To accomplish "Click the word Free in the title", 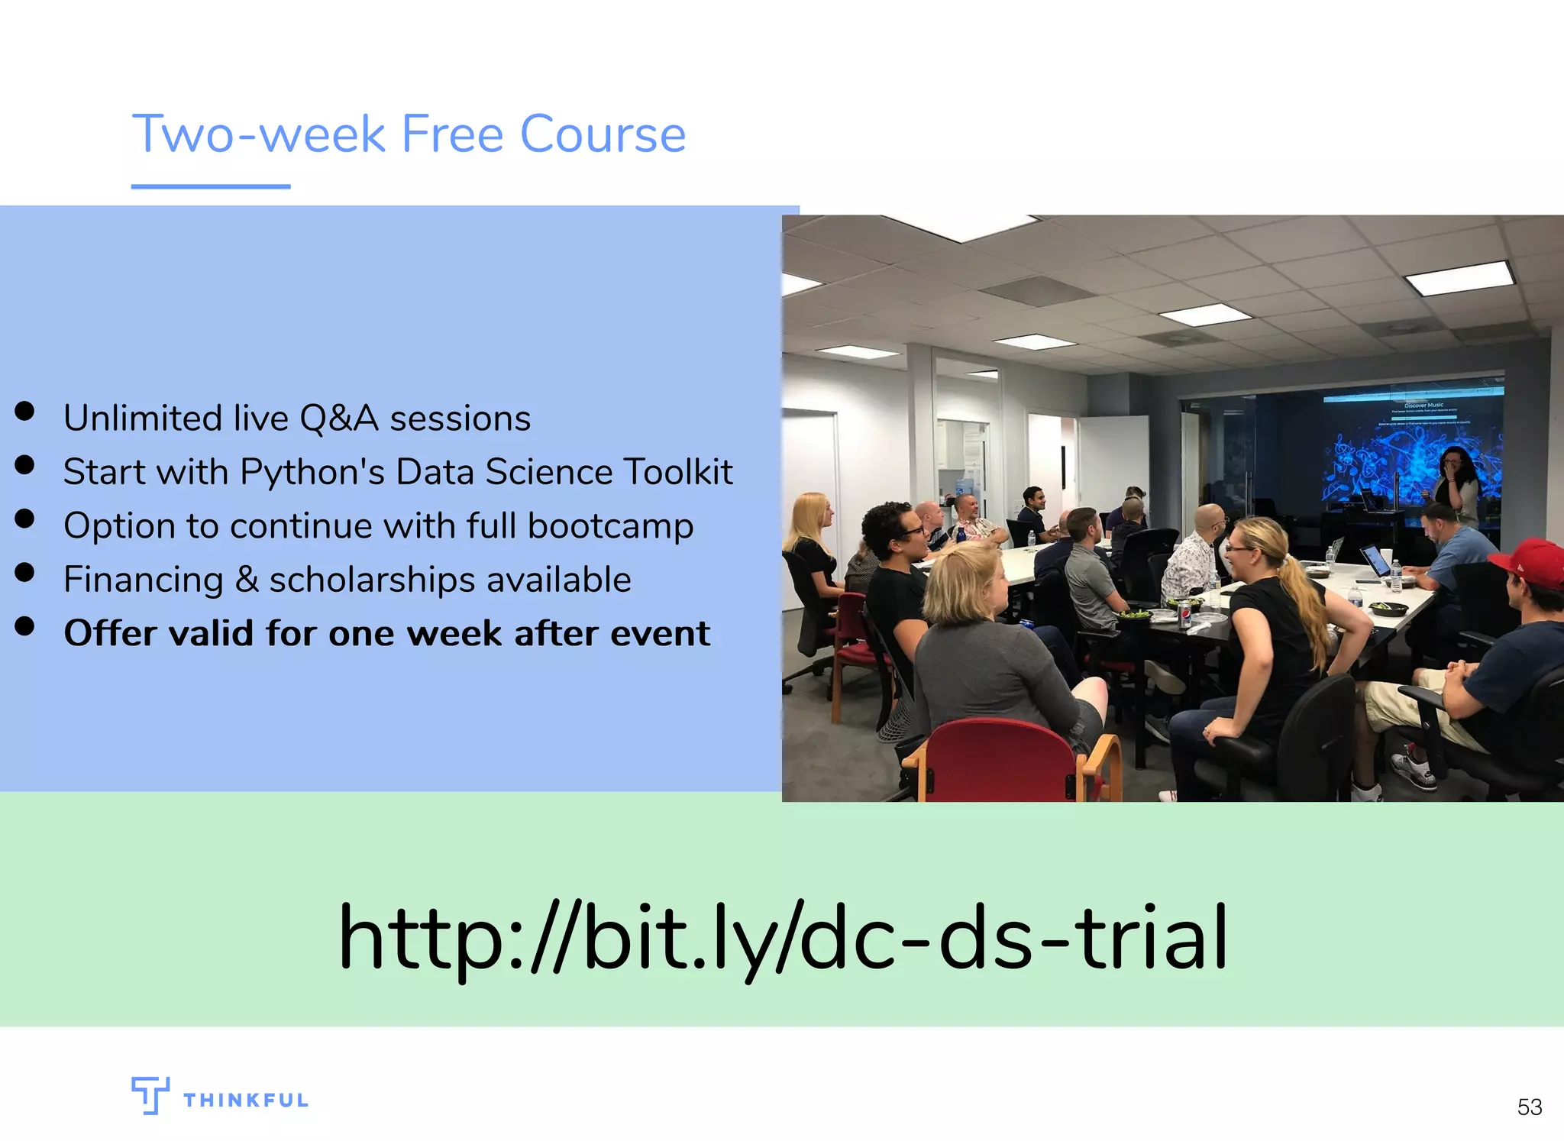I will pos(452,134).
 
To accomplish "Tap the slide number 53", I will pos(1529,1107).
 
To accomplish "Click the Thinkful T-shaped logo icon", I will pos(150,1094).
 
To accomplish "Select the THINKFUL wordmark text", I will pos(246,1101).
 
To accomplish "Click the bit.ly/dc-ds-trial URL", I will pos(782,937).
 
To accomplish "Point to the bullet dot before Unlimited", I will pos(24,412).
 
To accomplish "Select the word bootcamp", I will pos(610,526).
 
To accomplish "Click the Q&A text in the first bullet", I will pos(338,419).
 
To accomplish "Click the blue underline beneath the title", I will pos(211,186).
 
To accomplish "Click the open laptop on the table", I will pos(1375,561).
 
